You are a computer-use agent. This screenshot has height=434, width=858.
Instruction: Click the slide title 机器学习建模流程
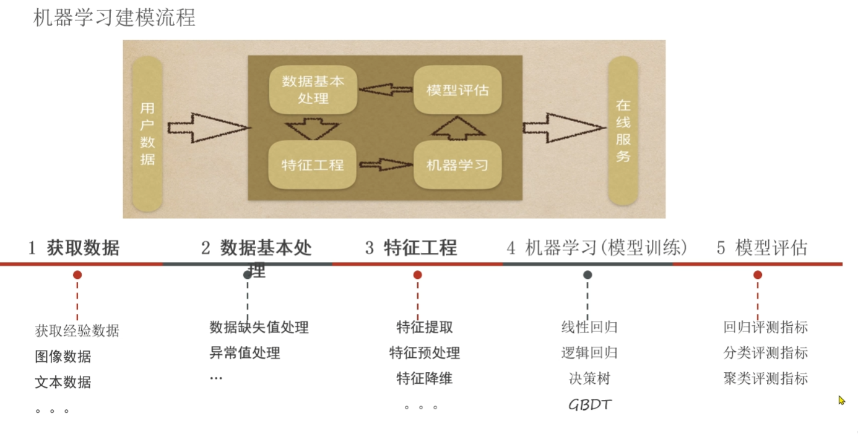[114, 17]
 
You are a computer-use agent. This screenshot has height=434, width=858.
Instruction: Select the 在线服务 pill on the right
[623, 130]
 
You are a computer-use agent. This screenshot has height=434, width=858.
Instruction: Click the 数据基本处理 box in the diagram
[313, 90]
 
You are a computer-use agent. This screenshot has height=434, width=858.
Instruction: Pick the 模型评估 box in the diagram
[457, 90]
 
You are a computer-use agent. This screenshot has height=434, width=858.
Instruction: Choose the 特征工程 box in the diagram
[313, 165]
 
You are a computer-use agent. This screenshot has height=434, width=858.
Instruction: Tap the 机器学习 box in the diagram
[457, 165]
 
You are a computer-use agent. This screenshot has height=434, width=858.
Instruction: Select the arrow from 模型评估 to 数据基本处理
[386, 90]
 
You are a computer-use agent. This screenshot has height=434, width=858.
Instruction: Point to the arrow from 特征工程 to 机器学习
[386, 165]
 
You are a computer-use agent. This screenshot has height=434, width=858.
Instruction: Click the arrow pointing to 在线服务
[563, 128]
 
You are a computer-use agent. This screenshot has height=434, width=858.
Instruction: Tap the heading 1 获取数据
[74, 249]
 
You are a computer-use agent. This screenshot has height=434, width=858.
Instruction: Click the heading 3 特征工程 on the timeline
[411, 249]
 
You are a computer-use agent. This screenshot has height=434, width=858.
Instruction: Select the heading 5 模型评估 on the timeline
[762, 249]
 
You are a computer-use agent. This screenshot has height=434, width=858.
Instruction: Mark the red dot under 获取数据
[77, 275]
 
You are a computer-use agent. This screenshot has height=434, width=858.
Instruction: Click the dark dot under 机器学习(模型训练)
[587, 275]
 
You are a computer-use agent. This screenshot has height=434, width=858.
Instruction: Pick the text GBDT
[590, 405]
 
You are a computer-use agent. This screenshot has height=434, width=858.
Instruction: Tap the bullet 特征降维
[425, 378]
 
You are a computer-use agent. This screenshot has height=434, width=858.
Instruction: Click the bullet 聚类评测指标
[766, 378]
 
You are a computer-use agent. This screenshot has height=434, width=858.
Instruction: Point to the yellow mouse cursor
[841, 400]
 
